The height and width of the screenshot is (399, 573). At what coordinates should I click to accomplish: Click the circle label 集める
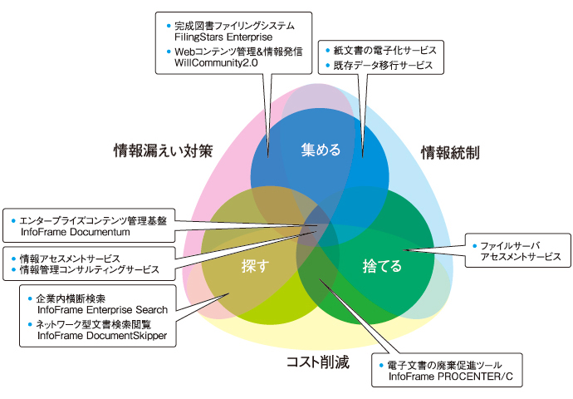[x=321, y=150]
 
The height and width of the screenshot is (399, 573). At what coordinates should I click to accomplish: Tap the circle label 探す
[x=256, y=266]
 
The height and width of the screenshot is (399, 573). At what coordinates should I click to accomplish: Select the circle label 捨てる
[x=382, y=266]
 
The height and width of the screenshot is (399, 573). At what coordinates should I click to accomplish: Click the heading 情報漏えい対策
[x=163, y=150]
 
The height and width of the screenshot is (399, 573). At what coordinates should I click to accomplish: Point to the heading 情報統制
[x=450, y=152]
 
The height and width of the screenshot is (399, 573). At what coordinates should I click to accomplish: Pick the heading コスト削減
[x=318, y=362]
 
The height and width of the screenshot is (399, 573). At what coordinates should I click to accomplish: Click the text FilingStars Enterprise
[x=223, y=37]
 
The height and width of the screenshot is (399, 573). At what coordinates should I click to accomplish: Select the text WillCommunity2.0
[x=216, y=63]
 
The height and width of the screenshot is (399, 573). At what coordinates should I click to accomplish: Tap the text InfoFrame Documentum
[x=76, y=232]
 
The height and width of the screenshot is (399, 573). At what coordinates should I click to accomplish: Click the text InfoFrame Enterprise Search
[x=102, y=310]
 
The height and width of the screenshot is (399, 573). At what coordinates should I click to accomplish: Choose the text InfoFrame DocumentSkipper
[x=102, y=336]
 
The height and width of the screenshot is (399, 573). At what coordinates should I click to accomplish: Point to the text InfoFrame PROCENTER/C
[x=451, y=377]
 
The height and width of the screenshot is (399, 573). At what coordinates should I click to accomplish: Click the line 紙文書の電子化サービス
[x=384, y=51]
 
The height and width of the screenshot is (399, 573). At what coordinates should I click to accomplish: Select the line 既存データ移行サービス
[x=383, y=66]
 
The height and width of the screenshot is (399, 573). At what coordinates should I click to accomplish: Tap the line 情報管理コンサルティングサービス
[x=90, y=270]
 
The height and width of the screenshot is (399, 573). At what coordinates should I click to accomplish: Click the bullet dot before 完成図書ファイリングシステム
[x=169, y=26]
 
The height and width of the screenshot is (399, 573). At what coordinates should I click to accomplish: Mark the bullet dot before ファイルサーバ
[x=475, y=246]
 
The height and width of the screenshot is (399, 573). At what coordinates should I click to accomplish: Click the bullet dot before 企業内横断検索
[x=30, y=298]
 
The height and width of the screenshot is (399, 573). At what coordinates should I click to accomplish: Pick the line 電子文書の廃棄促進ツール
[x=444, y=366]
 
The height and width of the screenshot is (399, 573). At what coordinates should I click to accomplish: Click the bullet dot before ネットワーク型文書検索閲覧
[x=30, y=324]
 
